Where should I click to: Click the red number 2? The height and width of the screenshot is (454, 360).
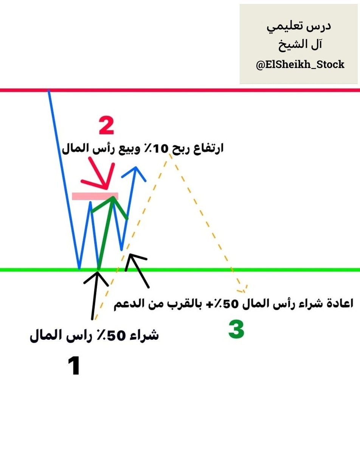[106, 126]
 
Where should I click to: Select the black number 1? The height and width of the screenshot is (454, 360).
[74, 366]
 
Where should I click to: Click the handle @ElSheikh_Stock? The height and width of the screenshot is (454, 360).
[300, 64]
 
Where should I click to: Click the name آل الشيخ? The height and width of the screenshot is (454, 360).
[299, 45]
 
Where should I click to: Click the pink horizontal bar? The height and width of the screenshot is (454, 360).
[95, 196]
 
